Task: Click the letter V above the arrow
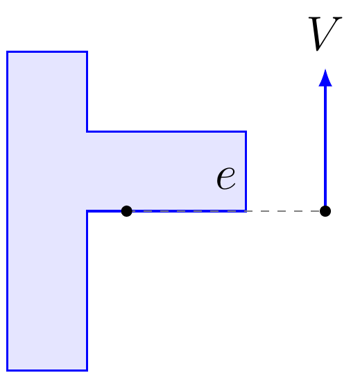[x=325, y=33]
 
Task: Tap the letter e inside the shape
[x=226, y=177]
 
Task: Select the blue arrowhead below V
[x=325, y=78]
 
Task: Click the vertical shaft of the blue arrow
[x=325, y=146]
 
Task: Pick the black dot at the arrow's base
[x=325, y=211]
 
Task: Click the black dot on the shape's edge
[x=127, y=211]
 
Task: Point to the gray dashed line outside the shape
[x=284, y=211]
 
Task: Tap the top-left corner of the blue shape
[x=8, y=52]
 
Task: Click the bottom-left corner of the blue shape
[x=8, y=370]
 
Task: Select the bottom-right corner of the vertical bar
[x=87, y=370]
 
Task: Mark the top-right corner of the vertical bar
[x=87, y=52]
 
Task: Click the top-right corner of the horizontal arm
[x=246, y=132]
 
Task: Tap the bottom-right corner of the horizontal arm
[x=246, y=211]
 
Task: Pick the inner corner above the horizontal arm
[x=87, y=132]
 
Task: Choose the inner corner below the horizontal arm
[x=87, y=211]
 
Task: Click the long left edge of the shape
[x=8, y=211]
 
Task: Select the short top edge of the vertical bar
[x=47, y=52]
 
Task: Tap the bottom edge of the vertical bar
[x=47, y=370]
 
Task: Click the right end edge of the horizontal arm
[x=246, y=172]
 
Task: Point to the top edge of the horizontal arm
[x=166, y=132]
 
